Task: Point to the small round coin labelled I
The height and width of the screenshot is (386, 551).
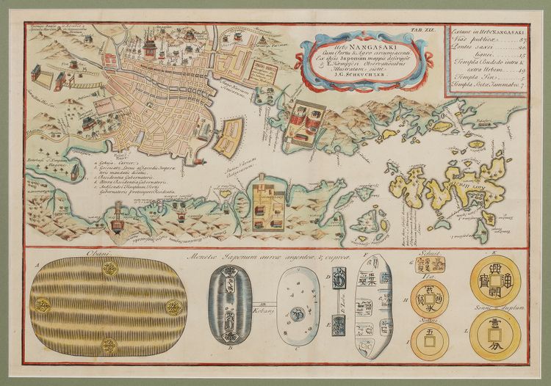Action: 430,341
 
